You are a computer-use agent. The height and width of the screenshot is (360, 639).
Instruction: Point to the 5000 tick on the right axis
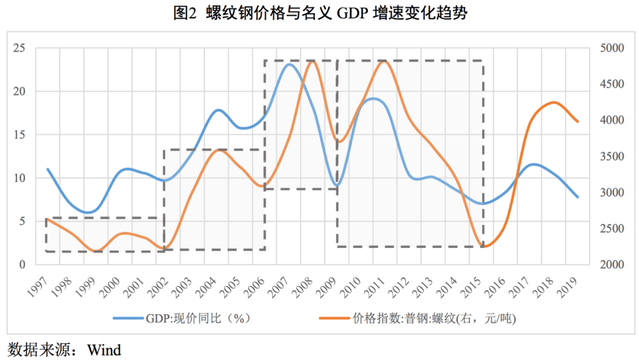pyautogui.click(x=609, y=48)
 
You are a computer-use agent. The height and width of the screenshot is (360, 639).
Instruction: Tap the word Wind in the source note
pyautogui.click(x=104, y=349)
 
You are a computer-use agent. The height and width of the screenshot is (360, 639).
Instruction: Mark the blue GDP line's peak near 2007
pyautogui.click(x=289, y=64)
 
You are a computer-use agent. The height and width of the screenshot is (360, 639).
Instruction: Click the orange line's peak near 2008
pyautogui.click(x=314, y=62)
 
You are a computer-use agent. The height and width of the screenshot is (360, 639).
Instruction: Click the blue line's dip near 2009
pyautogui.click(x=337, y=185)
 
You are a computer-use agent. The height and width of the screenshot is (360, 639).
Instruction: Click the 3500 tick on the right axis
pyautogui.click(x=609, y=156)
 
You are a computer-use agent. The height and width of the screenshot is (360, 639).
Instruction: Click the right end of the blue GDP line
pyautogui.click(x=578, y=197)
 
